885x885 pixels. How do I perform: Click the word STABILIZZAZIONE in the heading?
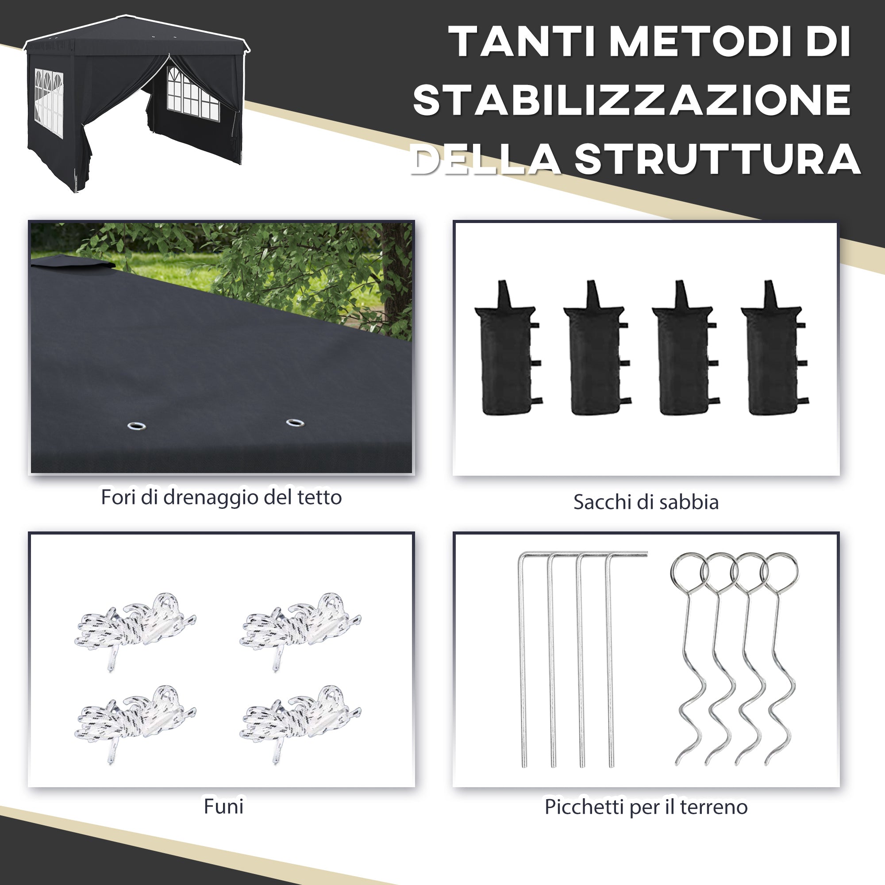[x=632, y=100]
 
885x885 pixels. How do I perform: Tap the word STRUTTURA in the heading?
[x=717, y=159]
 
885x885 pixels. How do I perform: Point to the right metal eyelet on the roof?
[x=295, y=422]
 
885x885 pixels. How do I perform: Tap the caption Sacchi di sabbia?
[x=646, y=502]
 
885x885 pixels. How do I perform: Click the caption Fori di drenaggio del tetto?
[x=221, y=497]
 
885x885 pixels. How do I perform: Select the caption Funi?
[x=223, y=819]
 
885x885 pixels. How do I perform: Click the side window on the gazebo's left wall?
[x=49, y=102]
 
